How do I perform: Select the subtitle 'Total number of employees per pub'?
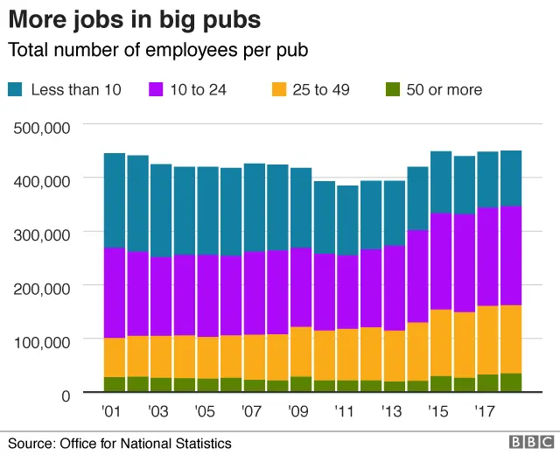(157, 50)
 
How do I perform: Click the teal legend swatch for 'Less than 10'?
(17, 89)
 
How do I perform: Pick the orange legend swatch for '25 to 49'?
(280, 89)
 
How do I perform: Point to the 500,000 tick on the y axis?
(41, 128)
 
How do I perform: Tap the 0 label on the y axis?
(65, 395)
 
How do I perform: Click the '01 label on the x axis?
(111, 410)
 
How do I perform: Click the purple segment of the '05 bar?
(207, 296)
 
